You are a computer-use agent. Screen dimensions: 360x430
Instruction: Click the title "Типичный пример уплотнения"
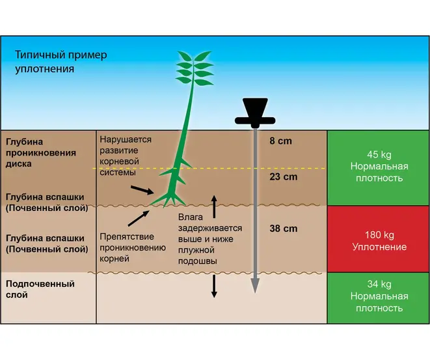click(61, 62)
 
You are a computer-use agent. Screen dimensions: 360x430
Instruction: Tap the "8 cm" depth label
click(281, 140)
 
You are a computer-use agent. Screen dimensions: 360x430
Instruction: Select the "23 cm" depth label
click(284, 176)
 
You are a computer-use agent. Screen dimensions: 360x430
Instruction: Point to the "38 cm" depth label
click(283, 228)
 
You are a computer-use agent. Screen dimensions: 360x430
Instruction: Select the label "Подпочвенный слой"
click(40, 290)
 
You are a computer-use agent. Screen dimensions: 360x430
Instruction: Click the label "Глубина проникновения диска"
click(41, 152)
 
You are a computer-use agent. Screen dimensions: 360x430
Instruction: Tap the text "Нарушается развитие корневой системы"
click(126, 156)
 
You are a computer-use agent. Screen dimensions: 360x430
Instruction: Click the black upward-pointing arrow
click(214, 206)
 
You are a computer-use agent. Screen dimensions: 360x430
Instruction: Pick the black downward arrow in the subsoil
click(214, 286)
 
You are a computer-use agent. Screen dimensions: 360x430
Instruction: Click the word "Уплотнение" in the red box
click(379, 247)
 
